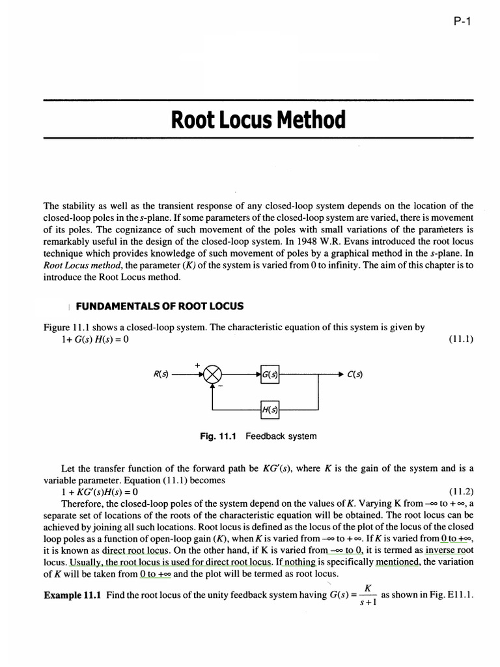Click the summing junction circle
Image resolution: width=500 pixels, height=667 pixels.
tap(213, 374)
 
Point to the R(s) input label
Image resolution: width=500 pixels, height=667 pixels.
tap(161, 374)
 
